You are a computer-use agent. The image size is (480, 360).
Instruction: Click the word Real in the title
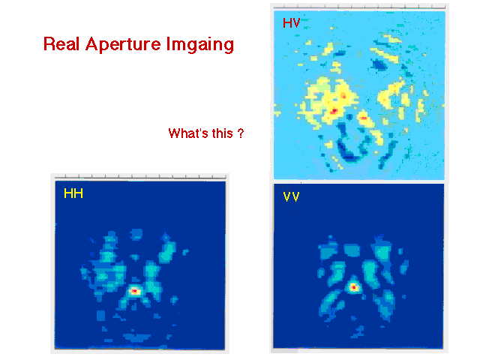61,43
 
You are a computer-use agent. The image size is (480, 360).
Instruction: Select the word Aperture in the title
123,45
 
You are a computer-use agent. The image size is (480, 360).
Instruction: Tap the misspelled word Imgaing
200,45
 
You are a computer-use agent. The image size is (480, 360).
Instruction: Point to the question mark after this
241,133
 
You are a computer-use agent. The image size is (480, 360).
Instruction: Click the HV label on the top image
292,23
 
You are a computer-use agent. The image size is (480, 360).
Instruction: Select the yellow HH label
73,193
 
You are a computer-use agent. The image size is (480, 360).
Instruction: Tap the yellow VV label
291,196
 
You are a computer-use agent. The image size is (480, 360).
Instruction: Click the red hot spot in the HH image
134,290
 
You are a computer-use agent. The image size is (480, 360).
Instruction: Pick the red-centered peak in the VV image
353,287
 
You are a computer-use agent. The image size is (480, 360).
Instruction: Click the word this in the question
223,133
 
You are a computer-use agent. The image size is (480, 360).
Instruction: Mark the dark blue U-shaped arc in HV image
349,153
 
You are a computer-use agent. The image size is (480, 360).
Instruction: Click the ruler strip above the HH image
140,177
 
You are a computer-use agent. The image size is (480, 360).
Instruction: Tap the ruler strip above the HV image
359,7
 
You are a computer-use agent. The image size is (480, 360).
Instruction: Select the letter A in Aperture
92,43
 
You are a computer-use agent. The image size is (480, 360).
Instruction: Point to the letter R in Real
49,43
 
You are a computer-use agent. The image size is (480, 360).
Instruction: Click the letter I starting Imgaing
168,43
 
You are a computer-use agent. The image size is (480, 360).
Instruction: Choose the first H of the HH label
68,193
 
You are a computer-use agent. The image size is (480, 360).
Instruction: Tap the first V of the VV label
287,196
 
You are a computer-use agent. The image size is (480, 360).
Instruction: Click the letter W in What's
175,133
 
